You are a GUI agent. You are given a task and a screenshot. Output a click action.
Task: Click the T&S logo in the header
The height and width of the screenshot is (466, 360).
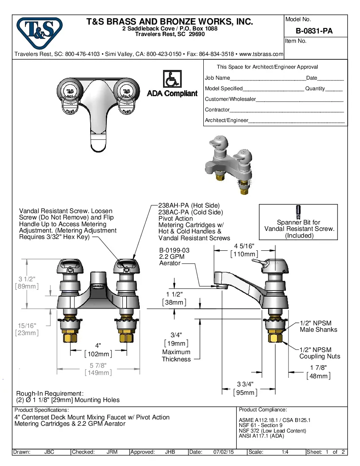click(39, 33)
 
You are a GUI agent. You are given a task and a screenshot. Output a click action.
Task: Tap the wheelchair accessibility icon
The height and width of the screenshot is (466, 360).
click(172, 80)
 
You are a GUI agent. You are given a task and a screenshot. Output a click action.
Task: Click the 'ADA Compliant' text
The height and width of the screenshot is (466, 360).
click(172, 94)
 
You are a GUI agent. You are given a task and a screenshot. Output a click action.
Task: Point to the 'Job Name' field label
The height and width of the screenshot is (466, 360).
click(217, 78)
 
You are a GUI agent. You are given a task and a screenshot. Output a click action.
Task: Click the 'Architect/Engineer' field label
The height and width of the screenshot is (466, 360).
click(226, 120)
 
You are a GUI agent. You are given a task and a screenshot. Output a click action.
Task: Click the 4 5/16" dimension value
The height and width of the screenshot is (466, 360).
click(244, 246)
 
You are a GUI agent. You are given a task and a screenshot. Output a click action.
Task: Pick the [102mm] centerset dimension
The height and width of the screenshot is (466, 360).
click(98, 354)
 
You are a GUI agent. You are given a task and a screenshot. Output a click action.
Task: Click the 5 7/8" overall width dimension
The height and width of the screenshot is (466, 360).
click(98, 365)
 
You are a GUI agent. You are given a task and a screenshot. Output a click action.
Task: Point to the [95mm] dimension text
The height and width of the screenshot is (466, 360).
click(245, 392)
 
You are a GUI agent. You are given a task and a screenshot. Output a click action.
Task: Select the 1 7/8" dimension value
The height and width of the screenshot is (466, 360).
click(318, 368)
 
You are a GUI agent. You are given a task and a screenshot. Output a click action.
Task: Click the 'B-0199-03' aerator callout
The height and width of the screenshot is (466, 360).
click(174, 250)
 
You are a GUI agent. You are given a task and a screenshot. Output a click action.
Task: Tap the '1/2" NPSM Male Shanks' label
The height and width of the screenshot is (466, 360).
click(318, 326)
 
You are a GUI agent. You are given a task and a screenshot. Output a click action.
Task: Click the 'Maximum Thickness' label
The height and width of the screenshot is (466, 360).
click(176, 356)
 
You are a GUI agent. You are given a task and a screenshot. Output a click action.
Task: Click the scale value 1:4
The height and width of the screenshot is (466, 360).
click(285, 452)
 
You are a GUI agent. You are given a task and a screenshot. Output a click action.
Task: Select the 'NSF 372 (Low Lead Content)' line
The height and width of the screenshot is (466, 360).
click(272, 431)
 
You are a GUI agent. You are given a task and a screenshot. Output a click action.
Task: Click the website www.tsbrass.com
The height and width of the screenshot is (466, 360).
click(261, 54)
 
